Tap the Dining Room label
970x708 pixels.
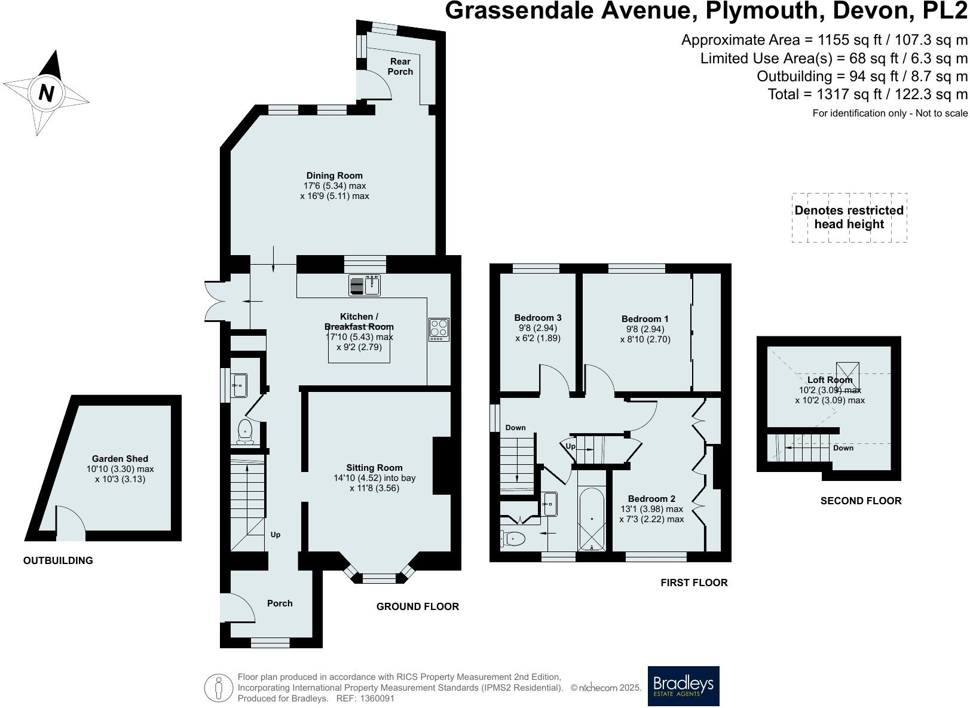click(x=334, y=176)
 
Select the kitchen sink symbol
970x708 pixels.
click(x=365, y=286)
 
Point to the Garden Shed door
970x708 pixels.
click(x=71, y=523)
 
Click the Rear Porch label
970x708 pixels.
click(x=400, y=66)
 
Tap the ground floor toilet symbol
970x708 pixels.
click(x=245, y=432)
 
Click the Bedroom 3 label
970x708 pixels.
click(x=537, y=318)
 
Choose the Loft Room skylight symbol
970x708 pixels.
click(x=847, y=375)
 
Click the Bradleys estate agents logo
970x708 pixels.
click(x=683, y=686)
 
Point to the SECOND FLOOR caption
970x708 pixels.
click(x=860, y=501)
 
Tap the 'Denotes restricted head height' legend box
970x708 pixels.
click(x=849, y=217)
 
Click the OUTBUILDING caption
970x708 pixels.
click(x=58, y=560)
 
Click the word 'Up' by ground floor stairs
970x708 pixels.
click(x=276, y=535)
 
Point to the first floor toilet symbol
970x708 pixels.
click(x=513, y=539)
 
